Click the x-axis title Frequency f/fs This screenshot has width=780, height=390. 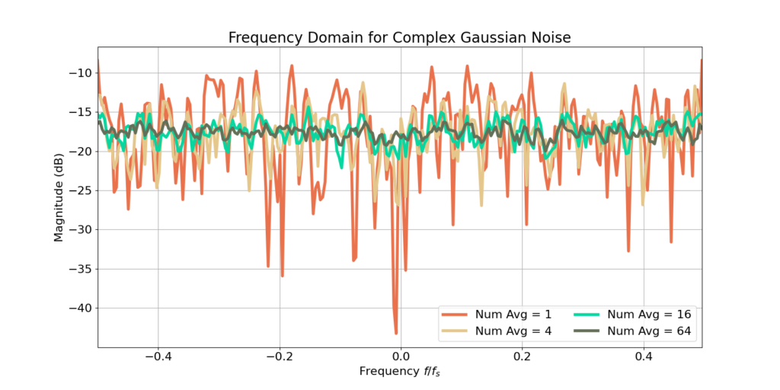coord(400,372)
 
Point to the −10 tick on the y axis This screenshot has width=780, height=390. coord(82,73)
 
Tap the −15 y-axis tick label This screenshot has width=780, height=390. coord(82,113)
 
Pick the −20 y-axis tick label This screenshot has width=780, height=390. coord(82,152)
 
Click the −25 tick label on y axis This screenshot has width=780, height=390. coord(82,191)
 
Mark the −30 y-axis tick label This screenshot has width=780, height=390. coord(82,230)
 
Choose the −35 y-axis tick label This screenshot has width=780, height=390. coord(82,270)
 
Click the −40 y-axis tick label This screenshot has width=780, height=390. coord(82,308)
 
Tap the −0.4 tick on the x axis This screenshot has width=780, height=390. coord(158,356)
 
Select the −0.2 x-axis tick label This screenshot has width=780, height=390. coord(279,356)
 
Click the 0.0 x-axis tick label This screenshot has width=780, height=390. coord(401,356)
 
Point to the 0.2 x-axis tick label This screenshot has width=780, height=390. coord(522,356)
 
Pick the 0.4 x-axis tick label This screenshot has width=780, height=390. coord(644,356)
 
